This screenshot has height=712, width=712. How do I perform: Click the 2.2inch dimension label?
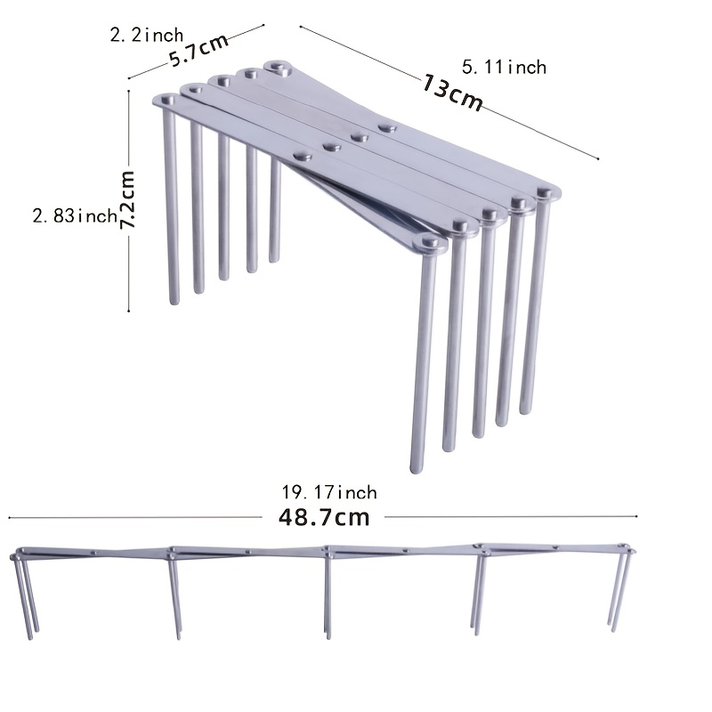146,36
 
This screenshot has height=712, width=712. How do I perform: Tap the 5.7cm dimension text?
198,53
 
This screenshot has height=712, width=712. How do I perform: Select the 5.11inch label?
505,67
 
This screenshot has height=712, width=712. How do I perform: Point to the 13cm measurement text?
453,93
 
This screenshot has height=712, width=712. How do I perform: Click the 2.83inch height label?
75,215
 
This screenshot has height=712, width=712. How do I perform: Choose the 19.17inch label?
329,492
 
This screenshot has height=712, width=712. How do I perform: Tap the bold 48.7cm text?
324,517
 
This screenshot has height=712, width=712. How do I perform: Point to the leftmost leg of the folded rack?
171,205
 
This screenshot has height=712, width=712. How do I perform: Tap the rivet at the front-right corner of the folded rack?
429,242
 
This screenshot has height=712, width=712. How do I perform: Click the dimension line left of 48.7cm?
133,516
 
